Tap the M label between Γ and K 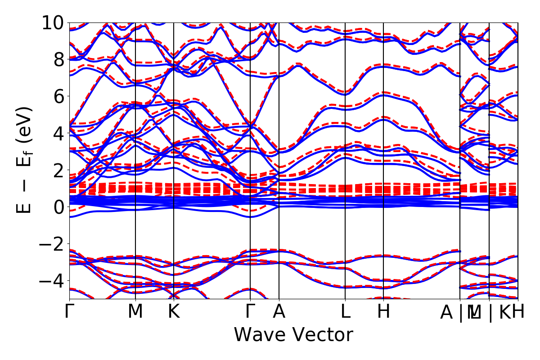click(x=135, y=312)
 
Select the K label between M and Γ click(x=174, y=312)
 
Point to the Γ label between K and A click(x=250, y=312)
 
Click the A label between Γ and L click(x=279, y=312)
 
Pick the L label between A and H click(x=345, y=312)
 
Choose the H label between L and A click(x=383, y=312)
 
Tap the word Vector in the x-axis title click(x=322, y=335)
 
